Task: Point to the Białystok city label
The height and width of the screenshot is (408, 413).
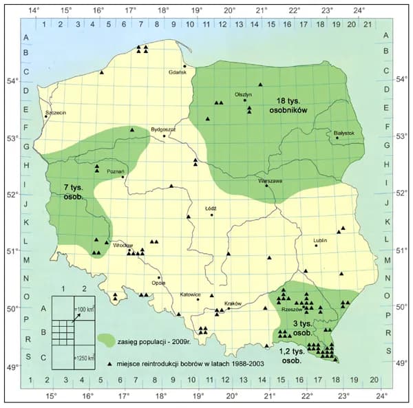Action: (343, 132)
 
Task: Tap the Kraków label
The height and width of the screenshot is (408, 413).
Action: (235, 303)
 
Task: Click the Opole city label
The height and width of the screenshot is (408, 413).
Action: (158, 282)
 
